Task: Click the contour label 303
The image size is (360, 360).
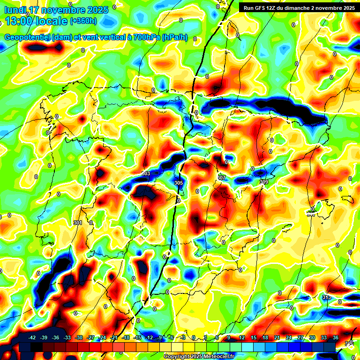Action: tap(146, 174)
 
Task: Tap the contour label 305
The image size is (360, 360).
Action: tap(178, 183)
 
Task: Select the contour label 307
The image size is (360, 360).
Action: tap(222, 178)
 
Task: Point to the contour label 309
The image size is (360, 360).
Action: tap(263, 182)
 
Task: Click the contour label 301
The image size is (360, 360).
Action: tap(78, 223)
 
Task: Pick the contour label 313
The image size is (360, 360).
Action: tap(327, 297)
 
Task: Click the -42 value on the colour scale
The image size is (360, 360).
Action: tap(32, 337)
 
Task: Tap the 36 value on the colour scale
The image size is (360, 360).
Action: tap(336, 337)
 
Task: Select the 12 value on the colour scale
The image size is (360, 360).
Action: tap(242, 337)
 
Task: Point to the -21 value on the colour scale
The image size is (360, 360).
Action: tap(114, 337)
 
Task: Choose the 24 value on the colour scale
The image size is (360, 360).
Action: tap(289, 337)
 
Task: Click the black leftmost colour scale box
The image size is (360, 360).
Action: tap(25, 347)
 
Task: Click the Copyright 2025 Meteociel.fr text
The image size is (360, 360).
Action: tap(199, 357)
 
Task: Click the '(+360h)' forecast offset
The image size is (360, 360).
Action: tap(83, 21)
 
